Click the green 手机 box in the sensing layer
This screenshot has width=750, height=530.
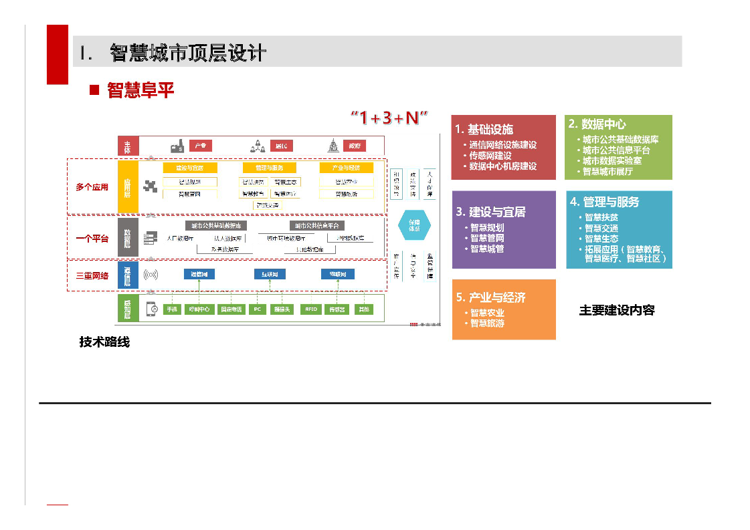173,309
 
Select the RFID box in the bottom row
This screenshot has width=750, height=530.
310,309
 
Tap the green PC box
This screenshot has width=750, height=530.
257,309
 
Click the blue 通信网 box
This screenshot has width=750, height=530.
199,274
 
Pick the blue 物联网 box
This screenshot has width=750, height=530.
337,274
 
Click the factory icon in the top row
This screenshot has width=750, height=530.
178,146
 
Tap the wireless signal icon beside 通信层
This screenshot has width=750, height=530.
151,275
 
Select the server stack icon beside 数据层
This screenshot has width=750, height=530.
151,237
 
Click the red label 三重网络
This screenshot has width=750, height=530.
92,275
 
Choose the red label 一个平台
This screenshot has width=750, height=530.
92,238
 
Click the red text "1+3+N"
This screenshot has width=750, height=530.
389,118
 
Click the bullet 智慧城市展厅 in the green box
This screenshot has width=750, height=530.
607,171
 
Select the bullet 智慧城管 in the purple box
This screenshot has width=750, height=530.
487,249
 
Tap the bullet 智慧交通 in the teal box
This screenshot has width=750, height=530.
601,228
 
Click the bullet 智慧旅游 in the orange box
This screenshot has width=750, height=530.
487,323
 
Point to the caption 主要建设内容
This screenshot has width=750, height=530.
616,310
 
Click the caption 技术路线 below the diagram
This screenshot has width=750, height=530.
104,342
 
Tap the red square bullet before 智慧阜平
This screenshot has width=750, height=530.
94,90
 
